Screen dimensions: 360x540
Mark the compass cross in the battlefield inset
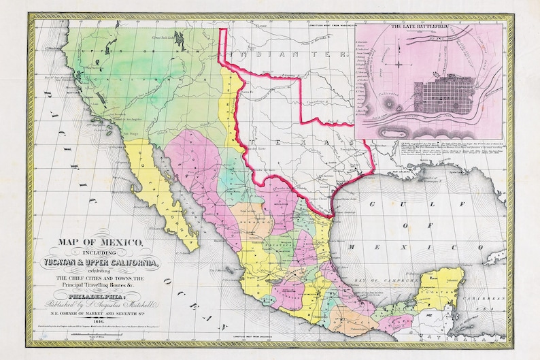point(399,65)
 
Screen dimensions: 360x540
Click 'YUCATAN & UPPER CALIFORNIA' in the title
point(103,263)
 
